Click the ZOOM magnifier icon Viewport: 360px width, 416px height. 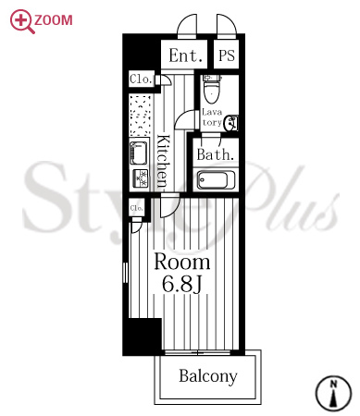tap(21, 20)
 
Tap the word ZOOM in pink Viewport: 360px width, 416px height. tap(54, 20)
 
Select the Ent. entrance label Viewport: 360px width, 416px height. tap(186, 55)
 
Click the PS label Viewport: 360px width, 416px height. tap(227, 55)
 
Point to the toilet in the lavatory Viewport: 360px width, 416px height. tap(212, 89)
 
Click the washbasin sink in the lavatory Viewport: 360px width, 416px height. tap(231, 123)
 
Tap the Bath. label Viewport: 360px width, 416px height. tap(216, 154)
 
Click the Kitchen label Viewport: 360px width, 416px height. tap(163, 161)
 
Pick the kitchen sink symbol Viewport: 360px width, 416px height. tap(138, 153)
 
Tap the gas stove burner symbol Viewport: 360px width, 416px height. tap(141, 178)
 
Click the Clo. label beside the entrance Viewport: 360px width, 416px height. tap(142, 80)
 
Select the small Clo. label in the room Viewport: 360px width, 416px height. tap(136, 208)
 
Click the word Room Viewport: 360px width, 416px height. tap(182, 262)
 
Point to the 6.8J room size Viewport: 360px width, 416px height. tap(182, 284)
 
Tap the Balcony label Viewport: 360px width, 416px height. tap(208, 376)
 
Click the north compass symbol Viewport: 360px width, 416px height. tap(333, 393)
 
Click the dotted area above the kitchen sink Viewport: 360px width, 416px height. tap(141, 116)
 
